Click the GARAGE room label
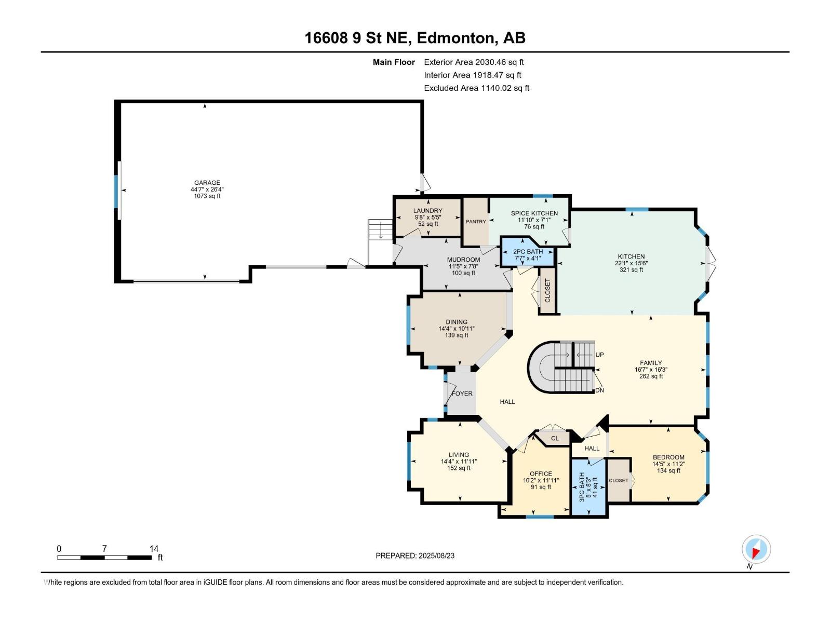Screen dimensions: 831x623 tap(207, 183)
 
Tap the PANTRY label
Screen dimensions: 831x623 tap(476, 222)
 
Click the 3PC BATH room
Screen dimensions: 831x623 tap(588, 487)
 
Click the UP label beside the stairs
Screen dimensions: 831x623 tap(600, 355)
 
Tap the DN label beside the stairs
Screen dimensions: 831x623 tap(600, 390)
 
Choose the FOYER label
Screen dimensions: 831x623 tap(462, 394)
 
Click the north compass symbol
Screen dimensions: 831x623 tap(756, 550)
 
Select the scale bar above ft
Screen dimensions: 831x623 tap(104, 558)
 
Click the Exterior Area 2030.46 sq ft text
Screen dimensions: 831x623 tap(474, 62)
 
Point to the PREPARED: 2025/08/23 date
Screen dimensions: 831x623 tap(415, 556)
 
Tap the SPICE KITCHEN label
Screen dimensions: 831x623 tap(534, 213)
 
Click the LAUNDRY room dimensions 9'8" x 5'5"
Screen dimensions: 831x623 tap(428, 218)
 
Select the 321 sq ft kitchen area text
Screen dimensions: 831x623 tap(631, 269)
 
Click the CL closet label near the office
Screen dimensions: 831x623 tap(555, 438)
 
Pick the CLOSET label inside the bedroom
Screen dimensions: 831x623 tap(619, 480)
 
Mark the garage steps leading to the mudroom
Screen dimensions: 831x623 tap(380, 242)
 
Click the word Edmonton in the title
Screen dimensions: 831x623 tap(456, 38)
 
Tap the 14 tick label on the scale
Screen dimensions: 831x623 tap(154, 548)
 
